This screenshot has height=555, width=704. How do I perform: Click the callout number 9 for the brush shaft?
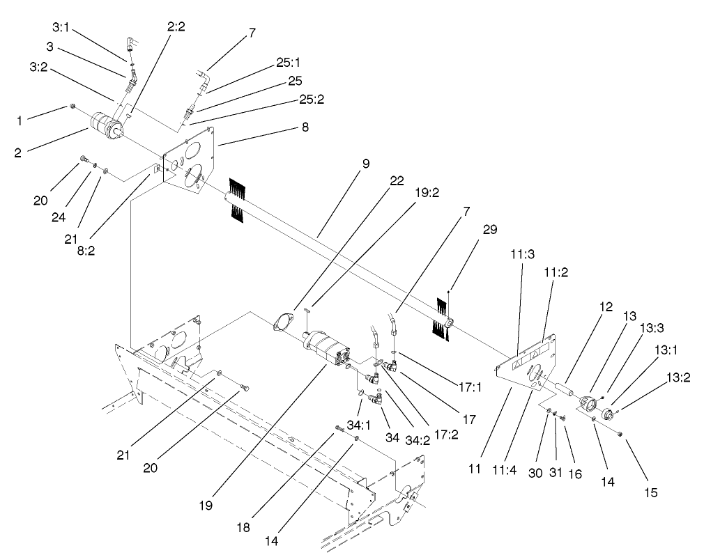click(365, 165)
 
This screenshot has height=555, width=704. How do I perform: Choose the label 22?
click(396, 180)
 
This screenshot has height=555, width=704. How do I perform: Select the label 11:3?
click(522, 256)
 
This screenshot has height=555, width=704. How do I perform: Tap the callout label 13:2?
click(678, 379)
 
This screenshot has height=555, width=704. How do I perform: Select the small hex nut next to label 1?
click(72, 107)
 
